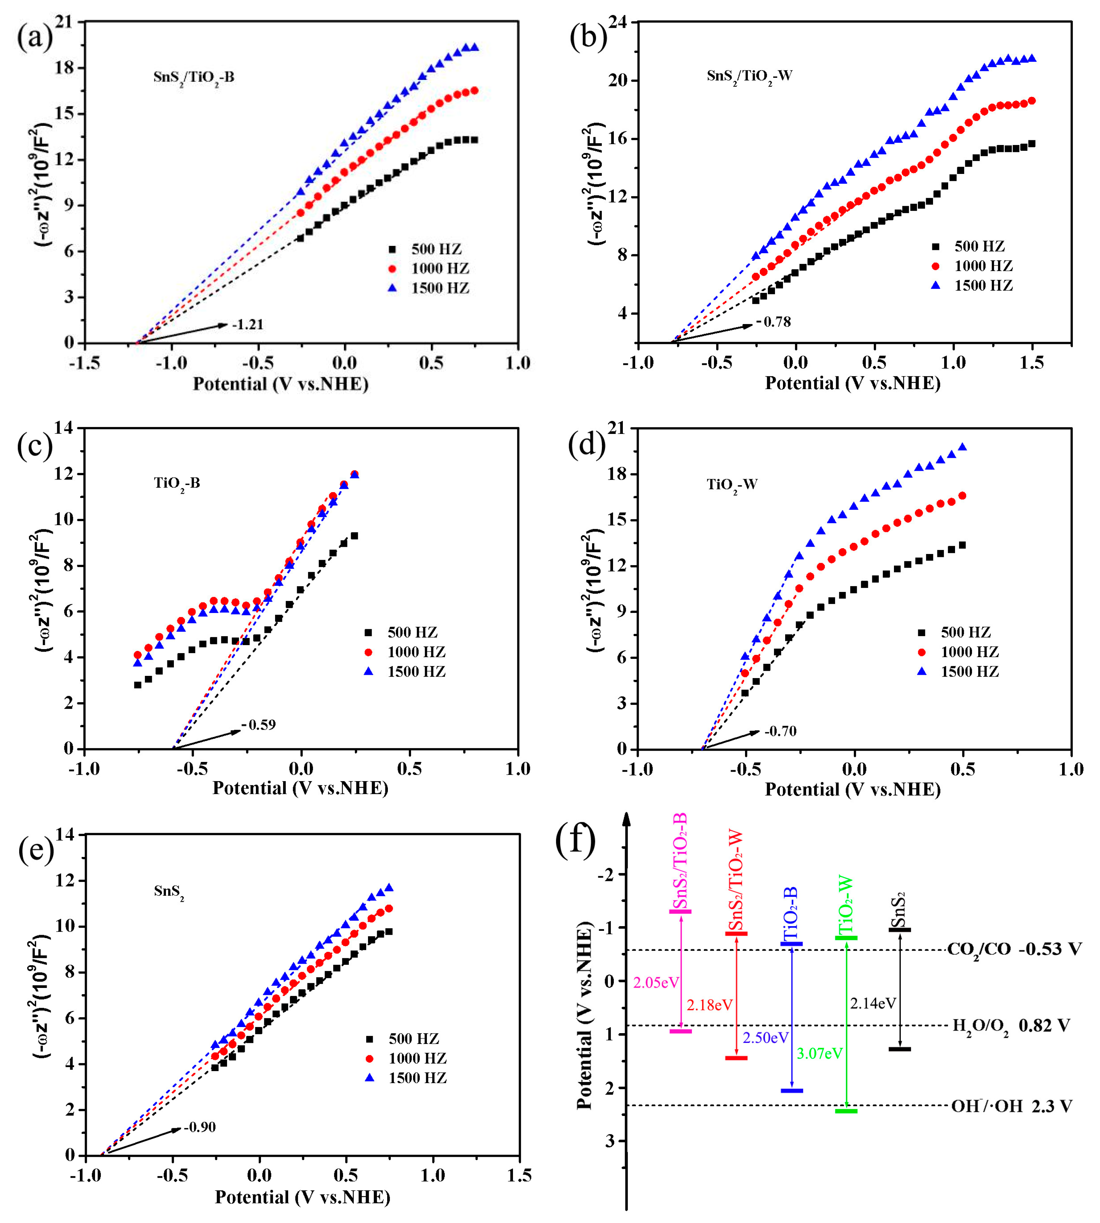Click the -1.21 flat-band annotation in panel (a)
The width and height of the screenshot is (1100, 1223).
[x=248, y=325]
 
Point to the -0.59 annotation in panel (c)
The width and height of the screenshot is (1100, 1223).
[x=259, y=725]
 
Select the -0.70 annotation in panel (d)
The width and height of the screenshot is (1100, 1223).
[x=780, y=732]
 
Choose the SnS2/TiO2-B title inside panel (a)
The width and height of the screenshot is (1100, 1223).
[x=193, y=77]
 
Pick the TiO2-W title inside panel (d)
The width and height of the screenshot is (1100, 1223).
[x=732, y=484]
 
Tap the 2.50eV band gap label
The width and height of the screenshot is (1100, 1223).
[x=766, y=1038]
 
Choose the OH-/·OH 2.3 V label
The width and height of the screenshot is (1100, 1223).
[x=1011, y=1106]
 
